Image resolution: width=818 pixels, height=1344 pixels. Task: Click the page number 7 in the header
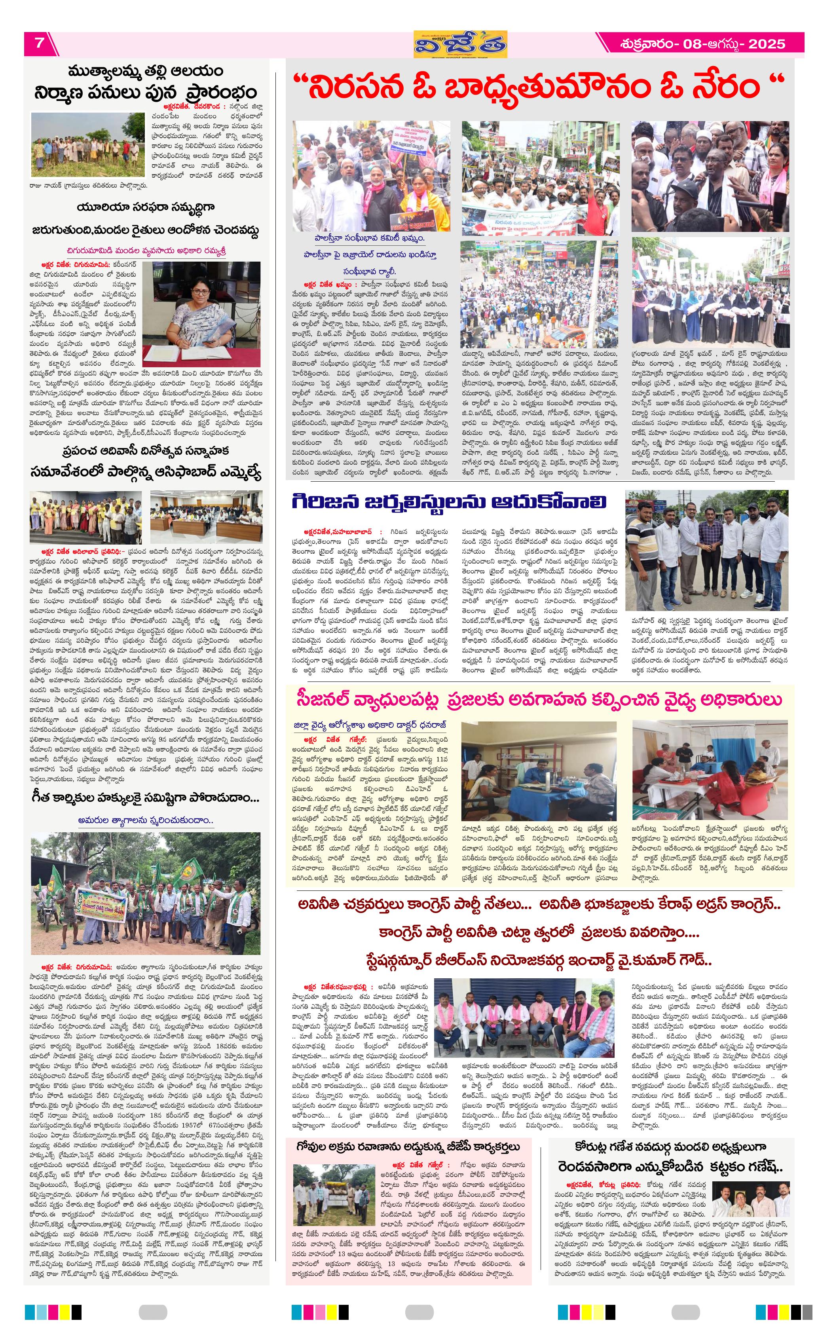click(x=39, y=43)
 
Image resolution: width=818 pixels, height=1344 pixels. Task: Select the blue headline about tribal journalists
click(x=449, y=501)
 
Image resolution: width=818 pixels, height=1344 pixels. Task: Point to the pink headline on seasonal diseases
click(x=539, y=700)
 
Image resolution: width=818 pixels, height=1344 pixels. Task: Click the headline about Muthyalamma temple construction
click(x=146, y=82)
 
